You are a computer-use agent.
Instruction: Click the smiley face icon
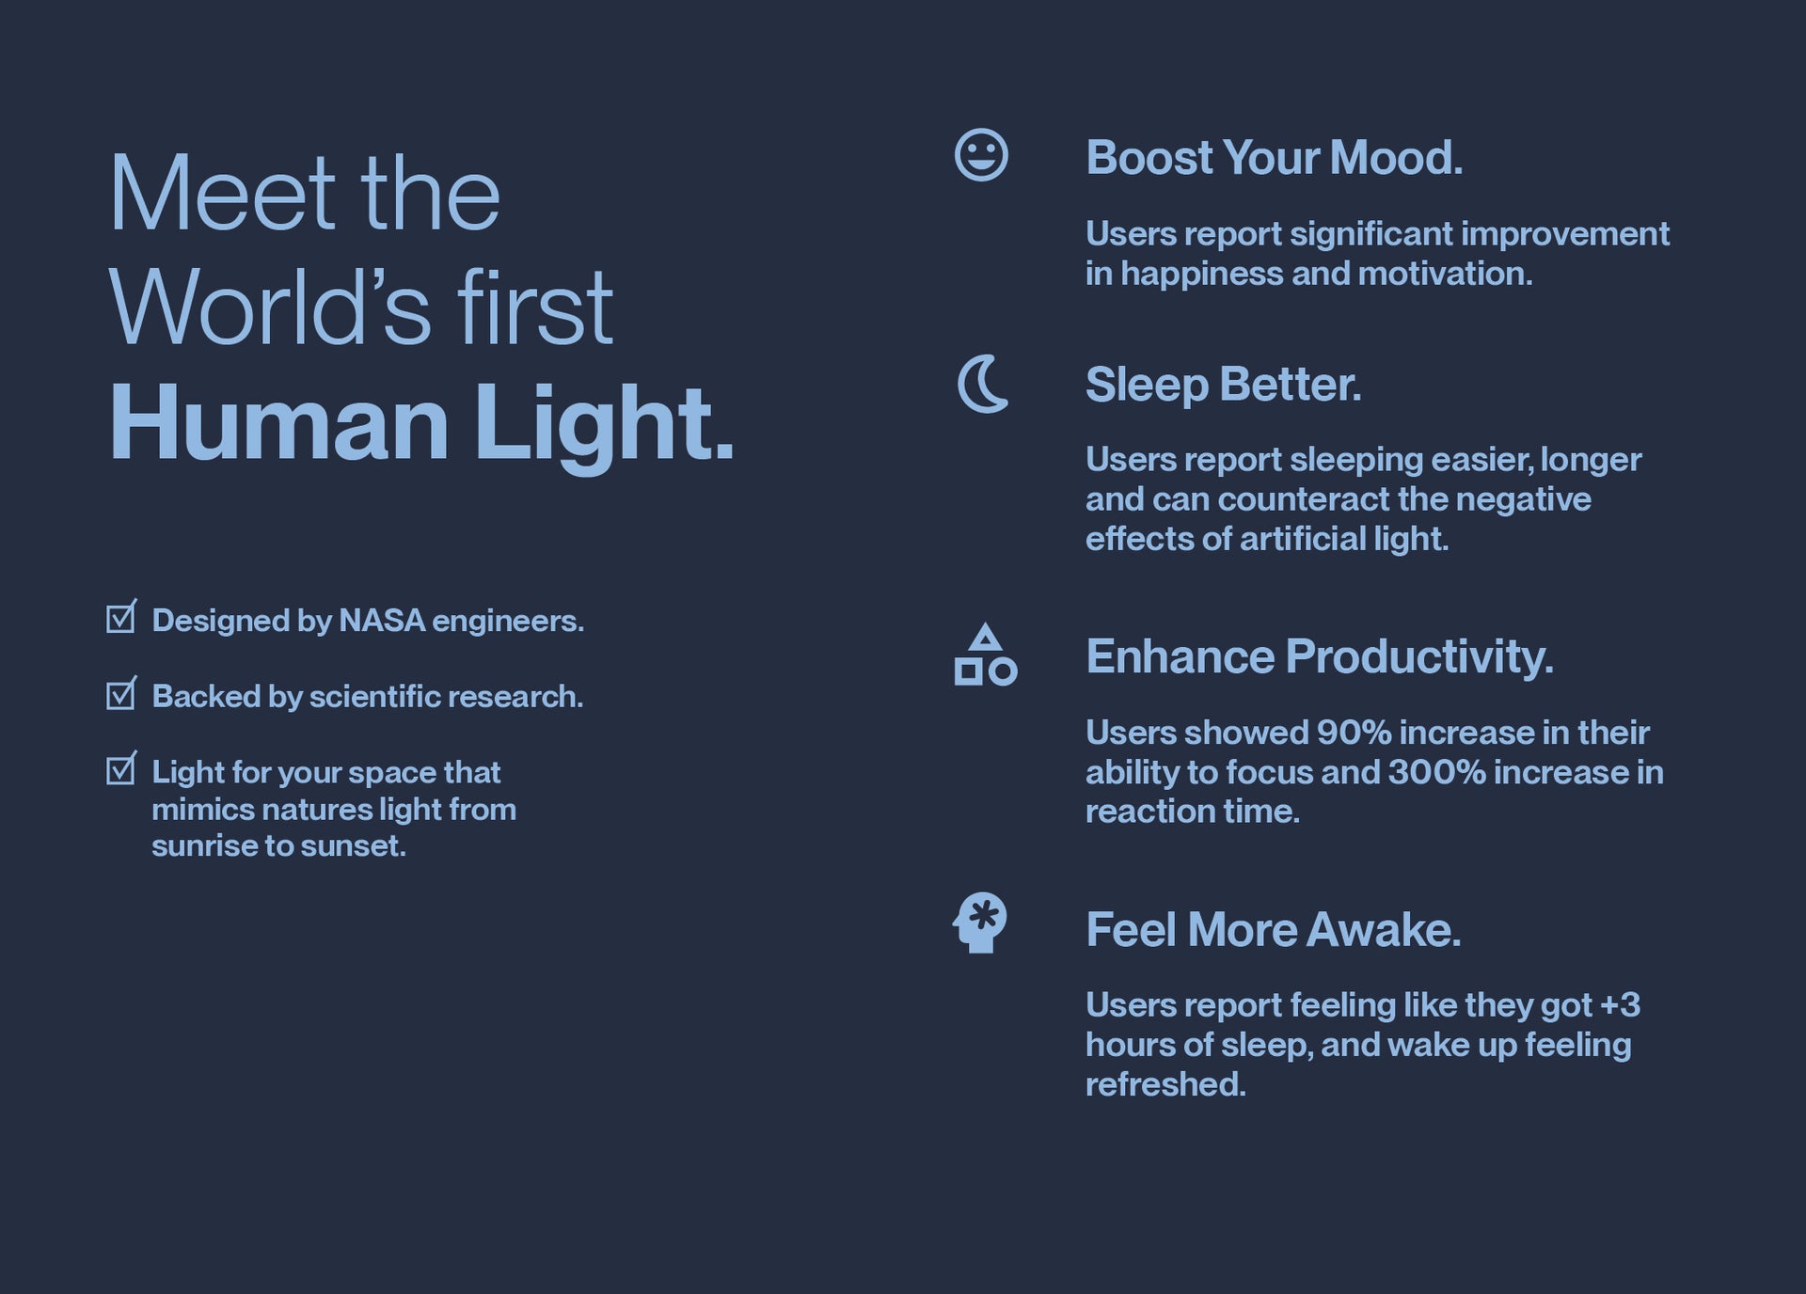tap(981, 155)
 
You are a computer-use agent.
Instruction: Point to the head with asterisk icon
tap(979, 923)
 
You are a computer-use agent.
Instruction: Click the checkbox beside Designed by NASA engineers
tap(121, 617)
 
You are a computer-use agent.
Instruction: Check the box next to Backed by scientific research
tap(121, 693)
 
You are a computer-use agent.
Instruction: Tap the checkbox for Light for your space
tap(121, 768)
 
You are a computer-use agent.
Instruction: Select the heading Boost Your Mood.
tap(1275, 157)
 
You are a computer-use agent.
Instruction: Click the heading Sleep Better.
tap(1224, 385)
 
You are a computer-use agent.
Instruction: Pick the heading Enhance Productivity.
tap(1320, 656)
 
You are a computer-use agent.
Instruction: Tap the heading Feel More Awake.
tap(1274, 929)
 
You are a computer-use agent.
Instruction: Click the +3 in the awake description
tap(1620, 1005)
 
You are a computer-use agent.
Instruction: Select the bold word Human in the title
tap(279, 423)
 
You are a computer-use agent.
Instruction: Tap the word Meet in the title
tap(222, 194)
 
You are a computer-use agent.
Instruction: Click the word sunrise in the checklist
tap(204, 846)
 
